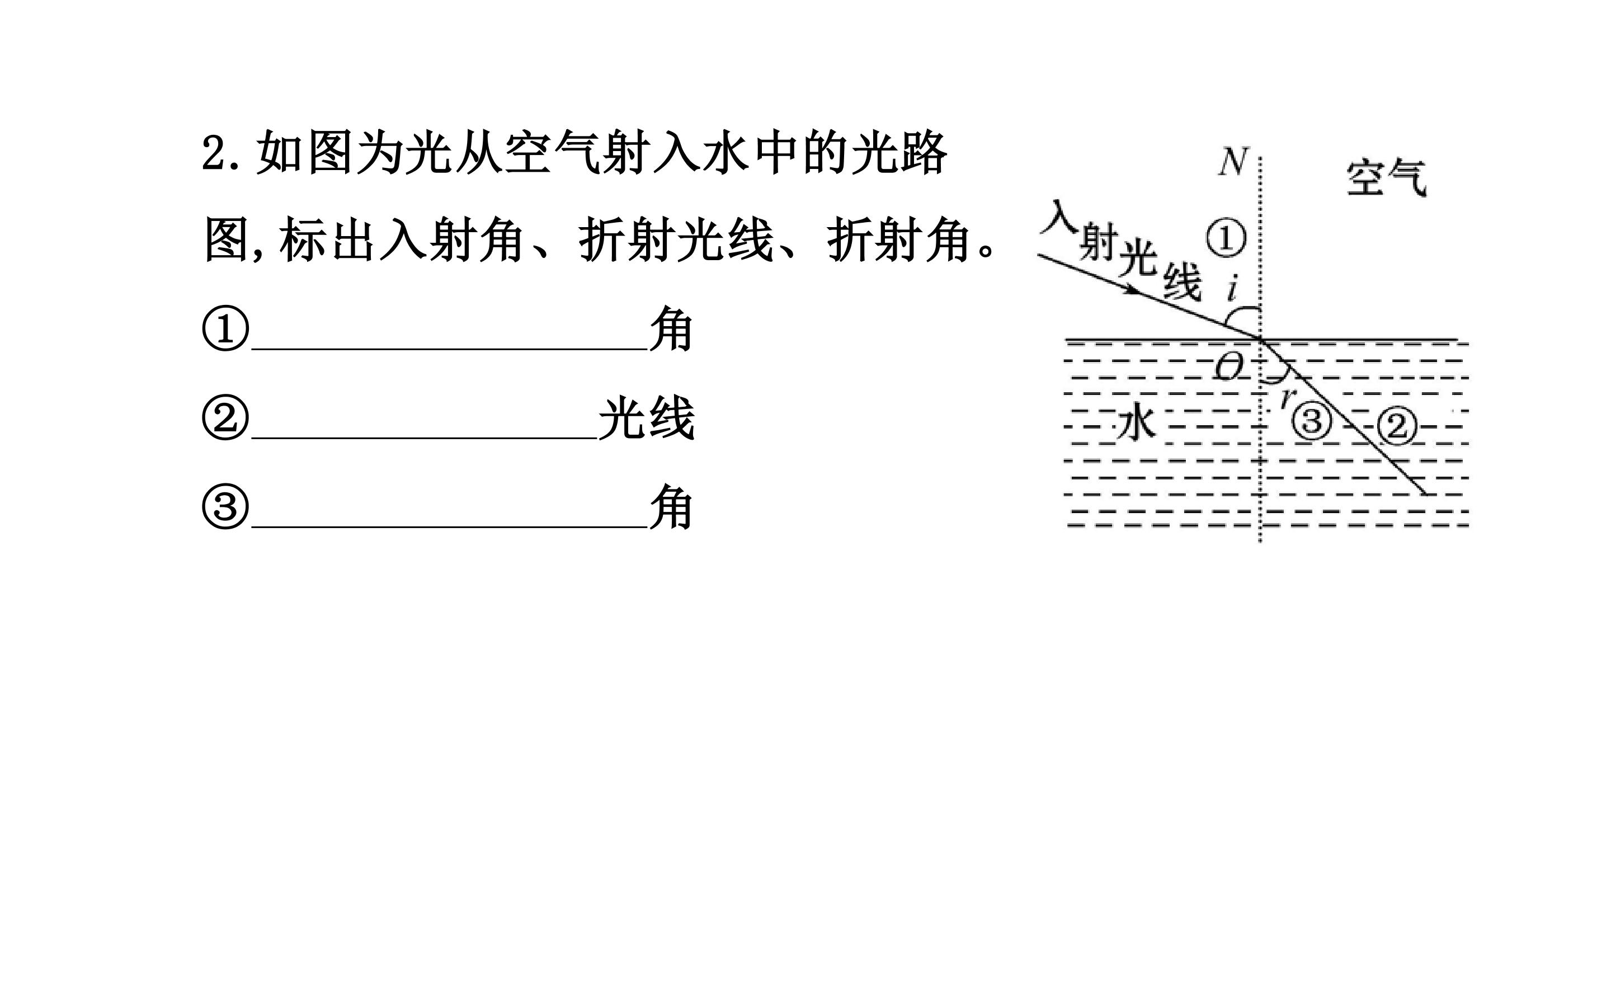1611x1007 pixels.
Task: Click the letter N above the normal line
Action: [x=1232, y=162]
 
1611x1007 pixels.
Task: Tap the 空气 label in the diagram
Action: [x=1387, y=178]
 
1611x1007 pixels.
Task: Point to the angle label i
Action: [x=1232, y=288]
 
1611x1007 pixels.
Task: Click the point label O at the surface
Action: [x=1229, y=366]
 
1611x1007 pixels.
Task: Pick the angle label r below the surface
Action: [x=1287, y=396]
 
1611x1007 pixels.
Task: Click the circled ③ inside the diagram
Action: [x=1311, y=421]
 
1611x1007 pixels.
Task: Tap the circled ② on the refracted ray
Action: [x=1397, y=426]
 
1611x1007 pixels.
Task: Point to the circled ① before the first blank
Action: [x=225, y=329]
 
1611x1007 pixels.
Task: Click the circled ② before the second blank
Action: [x=225, y=419]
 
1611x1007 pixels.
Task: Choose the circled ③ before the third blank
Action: [x=225, y=507]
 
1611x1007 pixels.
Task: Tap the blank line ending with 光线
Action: [x=425, y=438]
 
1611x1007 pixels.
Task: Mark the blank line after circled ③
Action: [x=450, y=527]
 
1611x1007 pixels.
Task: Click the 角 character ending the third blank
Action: [x=672, y=507]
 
